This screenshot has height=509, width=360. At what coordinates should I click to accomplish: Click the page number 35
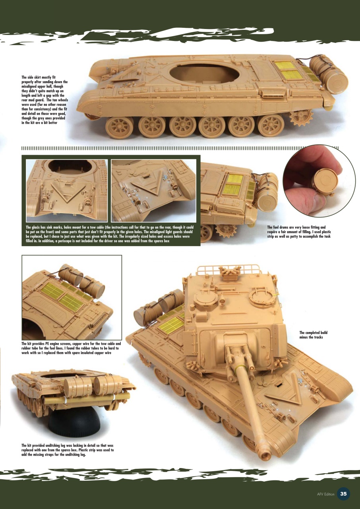point(343,493)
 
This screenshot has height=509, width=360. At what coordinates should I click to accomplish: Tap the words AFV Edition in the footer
point(325,494)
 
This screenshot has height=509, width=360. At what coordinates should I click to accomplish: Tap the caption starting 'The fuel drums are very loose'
point(305,232)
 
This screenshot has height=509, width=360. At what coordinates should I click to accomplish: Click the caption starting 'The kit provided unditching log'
point(68,450)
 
